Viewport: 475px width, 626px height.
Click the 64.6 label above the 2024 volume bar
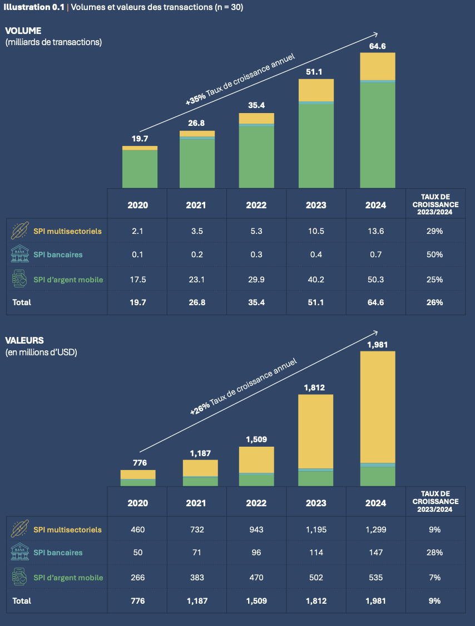[377, 46]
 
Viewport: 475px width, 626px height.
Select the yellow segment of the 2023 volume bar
[316, 90]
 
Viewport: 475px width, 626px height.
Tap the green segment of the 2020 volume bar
[140, 169]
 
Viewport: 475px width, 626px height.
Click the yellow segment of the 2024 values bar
[378, 407]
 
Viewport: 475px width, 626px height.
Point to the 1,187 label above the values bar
[200, 453]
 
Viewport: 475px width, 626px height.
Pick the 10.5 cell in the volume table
[316, 231]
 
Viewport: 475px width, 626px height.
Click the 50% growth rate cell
[436, 255]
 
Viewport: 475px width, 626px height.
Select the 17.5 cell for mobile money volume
[137, 279]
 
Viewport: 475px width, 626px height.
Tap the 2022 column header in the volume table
[256, 205]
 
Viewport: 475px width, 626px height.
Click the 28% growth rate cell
[436, 552]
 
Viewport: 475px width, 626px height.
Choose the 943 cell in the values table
[256, 529]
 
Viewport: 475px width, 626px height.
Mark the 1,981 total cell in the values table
[375, 600]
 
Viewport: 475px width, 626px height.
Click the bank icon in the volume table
[20, 255]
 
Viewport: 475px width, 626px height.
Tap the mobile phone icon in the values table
[20, 577]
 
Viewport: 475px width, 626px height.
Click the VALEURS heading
[24, 340]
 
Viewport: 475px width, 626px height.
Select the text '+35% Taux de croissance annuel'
[240, 79]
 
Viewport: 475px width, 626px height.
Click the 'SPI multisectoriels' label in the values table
[67, 529]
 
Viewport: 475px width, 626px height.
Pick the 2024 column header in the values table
[375, 503]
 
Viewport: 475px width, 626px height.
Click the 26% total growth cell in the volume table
[436, 302]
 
